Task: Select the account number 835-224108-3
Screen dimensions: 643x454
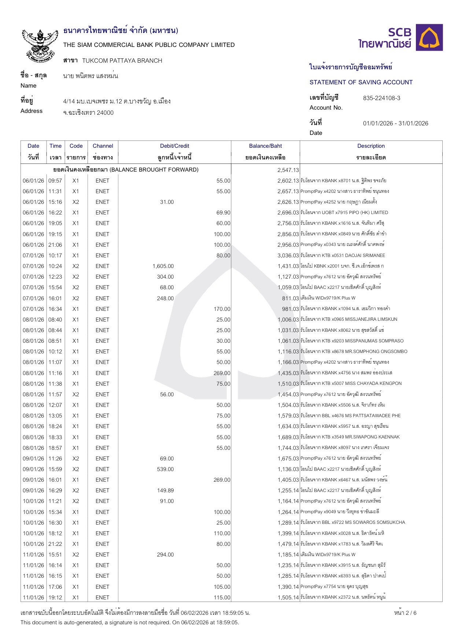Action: pyautogui.click(x=381, y=98)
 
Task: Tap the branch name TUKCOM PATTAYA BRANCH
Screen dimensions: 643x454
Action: pyautogui.click(x=122, y=61)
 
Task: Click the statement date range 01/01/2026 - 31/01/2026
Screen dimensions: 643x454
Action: pyautogui.click(x=395, y=124)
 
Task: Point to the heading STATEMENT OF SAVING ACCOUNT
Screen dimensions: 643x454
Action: pyautogui.click(x=361, y=82)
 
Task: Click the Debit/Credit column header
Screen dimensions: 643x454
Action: pyautogui.click(x=174, y=146)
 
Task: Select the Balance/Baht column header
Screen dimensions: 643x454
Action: pyautogui.click(x=265, y=146)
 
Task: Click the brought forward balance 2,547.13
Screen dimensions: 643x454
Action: pyautogui.click(x=288, y=170)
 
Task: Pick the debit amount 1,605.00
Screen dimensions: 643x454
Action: pyautogui.click(x=163, y=266)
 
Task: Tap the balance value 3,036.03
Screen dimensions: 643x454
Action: pyautogui.click(x=288, y=256)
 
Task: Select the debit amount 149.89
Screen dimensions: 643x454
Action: pyautogui.click(x=165, y=490)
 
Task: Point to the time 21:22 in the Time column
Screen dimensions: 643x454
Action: pyautogui.click(x=55, y=544)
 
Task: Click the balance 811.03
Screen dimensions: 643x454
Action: pyautogui.click(x=290, y=298)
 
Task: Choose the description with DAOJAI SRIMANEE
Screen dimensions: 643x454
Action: pyautogui.click(x=343, y=256)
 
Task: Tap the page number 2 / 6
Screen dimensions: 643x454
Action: pyautogui.click(x=405, y=613)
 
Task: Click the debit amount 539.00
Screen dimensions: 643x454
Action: pyautogui.click(x=165, y=469)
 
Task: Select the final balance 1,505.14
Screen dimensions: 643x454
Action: pyautogui.click(x=288, y=598)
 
